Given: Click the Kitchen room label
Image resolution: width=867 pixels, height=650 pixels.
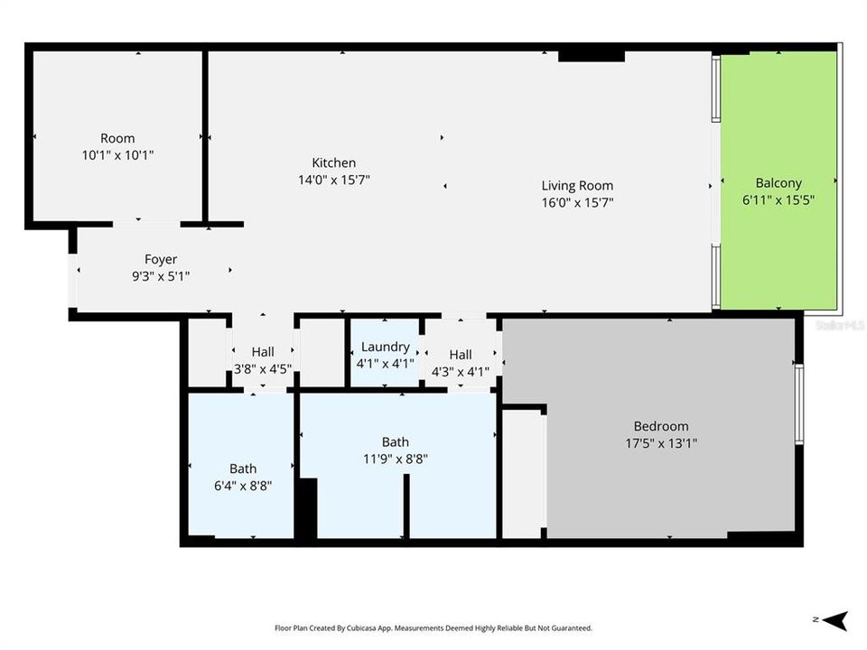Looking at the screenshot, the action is (x=333, y=162).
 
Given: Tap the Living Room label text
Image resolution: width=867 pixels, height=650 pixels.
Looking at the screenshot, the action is (x=577, y=186).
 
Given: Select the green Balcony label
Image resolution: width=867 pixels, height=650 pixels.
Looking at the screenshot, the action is (x=778, y=183).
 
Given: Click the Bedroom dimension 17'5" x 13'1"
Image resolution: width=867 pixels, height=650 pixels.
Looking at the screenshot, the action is (x=661, y=443).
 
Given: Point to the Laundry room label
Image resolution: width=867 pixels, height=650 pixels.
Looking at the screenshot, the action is (x=386, y=347).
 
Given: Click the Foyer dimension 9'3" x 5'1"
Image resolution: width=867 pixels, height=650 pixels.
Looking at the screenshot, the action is (x=161, y=276).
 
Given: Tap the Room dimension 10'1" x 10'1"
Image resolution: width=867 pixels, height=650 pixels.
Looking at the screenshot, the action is (x=117, y=155).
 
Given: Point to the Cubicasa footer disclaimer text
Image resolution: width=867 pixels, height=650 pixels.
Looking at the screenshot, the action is (x=433, y=628).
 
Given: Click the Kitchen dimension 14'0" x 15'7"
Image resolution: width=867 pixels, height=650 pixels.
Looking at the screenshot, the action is (x=334, y=180).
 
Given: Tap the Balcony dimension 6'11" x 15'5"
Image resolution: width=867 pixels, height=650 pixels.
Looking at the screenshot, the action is (x=778, y=200).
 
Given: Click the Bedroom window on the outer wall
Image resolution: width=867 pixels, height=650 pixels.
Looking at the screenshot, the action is (x=799, y=404).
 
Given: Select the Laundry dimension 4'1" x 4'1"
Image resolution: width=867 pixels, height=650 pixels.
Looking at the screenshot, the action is (x=386, y=364).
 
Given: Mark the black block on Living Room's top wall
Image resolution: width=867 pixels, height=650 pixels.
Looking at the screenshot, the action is (x=591, y=56).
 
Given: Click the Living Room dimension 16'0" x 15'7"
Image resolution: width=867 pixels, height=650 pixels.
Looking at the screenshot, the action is (x=577, y=203).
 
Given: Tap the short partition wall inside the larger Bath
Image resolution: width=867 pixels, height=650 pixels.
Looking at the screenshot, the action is (x=406, y=506).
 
